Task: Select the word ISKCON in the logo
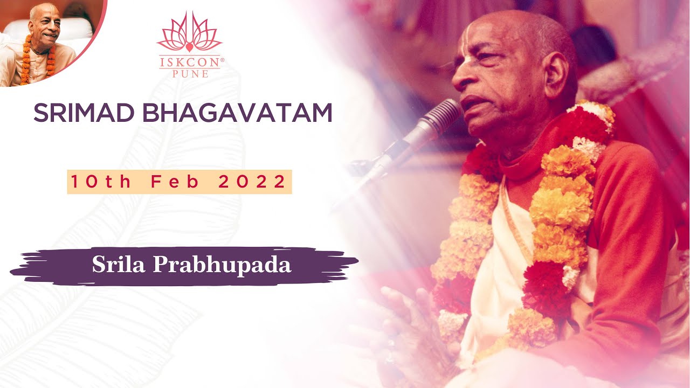(x=189, y=63)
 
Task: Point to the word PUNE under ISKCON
(x=189, y=74)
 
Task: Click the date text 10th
(x=101, y=182)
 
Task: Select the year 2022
(x=252, y=182)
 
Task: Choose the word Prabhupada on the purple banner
(x=223, y=265)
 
